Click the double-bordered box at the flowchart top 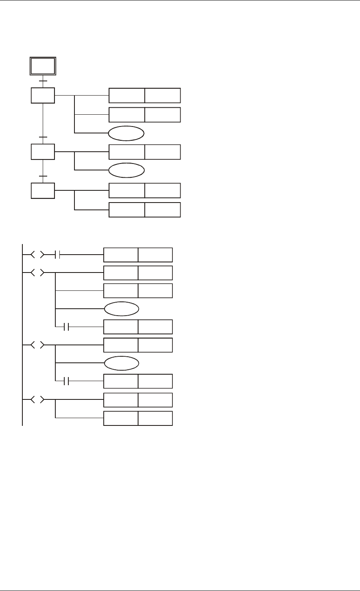pos(43,66)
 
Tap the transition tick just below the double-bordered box pos(43,81)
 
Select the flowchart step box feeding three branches pos(43,96)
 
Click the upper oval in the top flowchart pos(126,133)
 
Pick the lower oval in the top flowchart pos(126,170)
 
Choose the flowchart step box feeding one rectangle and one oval pos(43,152)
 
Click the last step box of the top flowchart pos(43,190)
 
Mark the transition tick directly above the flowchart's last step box pos(43,176)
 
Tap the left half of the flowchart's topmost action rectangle pos(127,96)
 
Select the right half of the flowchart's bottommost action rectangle pos(163,209)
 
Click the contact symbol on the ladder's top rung pos(57,255)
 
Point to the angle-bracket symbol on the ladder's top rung pos(37,255)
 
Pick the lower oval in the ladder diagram pos(121,363)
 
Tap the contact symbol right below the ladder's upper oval pos(67,327)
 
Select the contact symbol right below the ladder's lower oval pos(67,381)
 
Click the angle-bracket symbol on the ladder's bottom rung pos(37,400)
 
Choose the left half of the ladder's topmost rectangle pos(121,255)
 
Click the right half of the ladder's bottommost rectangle pos(155,419)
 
